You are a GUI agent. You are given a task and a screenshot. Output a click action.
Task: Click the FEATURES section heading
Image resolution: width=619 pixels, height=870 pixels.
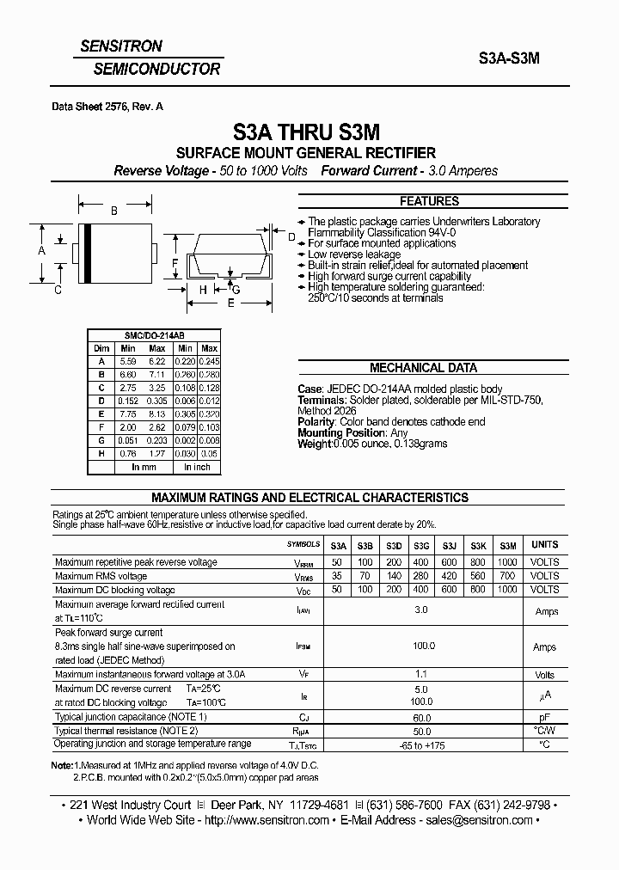430,201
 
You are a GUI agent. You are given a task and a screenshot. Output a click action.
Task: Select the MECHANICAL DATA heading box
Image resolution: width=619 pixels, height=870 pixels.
423,368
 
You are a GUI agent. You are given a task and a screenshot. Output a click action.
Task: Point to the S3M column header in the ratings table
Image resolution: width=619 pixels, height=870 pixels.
507,545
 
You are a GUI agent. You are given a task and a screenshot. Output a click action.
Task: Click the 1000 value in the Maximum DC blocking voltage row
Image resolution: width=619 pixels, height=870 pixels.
507,590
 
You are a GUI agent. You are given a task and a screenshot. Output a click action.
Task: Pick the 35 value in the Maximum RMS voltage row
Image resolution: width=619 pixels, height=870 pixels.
338,576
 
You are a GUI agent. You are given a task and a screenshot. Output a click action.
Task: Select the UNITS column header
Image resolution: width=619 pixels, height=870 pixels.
545,545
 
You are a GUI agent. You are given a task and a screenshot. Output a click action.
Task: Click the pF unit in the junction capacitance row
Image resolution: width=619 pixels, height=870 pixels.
545,716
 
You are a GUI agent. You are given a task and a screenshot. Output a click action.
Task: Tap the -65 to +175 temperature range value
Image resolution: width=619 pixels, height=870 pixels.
421,744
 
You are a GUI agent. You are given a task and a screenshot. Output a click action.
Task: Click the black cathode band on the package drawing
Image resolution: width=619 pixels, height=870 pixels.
86,253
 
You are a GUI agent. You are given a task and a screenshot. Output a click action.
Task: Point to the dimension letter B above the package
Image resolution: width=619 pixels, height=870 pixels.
113,211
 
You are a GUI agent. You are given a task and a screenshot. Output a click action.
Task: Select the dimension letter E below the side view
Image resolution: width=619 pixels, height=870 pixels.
230,303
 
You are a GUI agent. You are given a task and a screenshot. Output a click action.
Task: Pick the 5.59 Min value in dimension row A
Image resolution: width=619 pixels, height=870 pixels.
128,362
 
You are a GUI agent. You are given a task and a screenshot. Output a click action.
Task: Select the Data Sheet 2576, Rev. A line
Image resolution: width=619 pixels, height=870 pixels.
107,107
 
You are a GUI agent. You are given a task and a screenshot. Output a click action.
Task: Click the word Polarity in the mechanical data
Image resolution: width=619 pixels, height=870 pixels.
317,421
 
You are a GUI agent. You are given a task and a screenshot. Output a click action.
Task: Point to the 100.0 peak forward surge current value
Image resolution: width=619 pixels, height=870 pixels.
421,646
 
